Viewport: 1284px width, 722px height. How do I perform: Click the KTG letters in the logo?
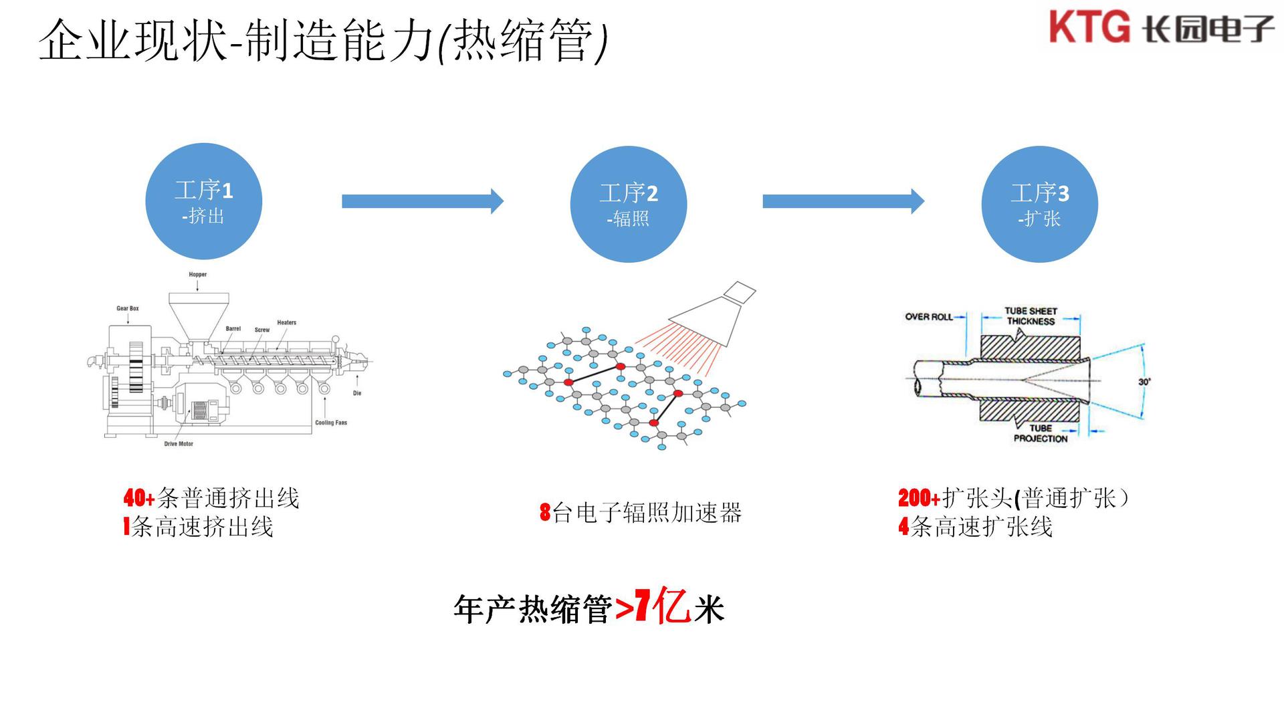click(1089, 27)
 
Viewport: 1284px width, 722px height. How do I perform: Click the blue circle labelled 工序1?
click(204, 201)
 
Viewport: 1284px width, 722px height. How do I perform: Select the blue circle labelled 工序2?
click(629, 204)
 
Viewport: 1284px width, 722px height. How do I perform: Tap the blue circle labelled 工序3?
click(1040, 204)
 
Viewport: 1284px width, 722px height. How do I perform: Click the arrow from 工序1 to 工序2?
click(422, 201)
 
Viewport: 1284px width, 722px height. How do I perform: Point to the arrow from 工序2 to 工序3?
click(843, 201)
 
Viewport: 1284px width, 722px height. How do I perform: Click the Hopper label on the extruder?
click(198, 275)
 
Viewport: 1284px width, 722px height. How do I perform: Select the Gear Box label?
click(128, 309)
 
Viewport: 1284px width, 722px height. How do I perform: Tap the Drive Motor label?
click(179, 444)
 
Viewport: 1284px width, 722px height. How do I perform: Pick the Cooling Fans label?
click(331, 423)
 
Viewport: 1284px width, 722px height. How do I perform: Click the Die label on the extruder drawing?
click(357, 393)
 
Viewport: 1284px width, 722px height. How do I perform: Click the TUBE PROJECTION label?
click(1041, 433)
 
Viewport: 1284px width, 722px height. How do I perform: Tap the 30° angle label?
click(1144, 382)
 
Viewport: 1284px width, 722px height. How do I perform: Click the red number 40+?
click(139, 498)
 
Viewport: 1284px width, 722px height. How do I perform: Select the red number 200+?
click(919, 498)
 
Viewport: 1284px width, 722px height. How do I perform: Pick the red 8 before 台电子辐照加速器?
click(545, 513)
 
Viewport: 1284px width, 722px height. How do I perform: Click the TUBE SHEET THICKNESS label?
click(1031, 316)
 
